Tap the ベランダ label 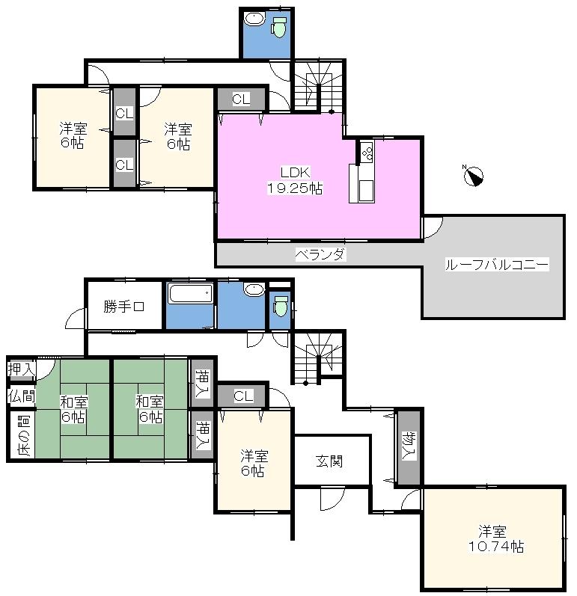pos(320,255)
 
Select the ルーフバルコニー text pos(496,265)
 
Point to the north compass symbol pos(473,176)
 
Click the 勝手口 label pos(123,305)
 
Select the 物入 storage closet pos(408,446)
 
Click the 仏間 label pos(22,396)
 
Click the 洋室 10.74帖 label pos(492,539)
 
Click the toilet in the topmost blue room pos(280,28)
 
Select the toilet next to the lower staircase pos(281,306)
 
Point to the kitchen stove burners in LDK pos(367,153)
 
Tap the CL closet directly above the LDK pos(241,99)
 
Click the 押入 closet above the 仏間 pos(22,370)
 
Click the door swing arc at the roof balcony pos(434,226)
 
